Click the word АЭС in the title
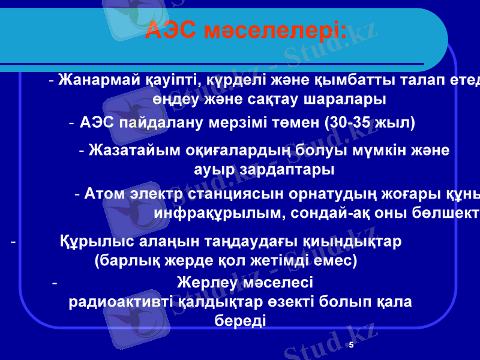tap(171, 29)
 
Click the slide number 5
tap(351, 346)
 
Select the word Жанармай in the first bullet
tap(100, 80)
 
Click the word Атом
tap(104, 194)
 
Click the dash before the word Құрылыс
tap(13, 241)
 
